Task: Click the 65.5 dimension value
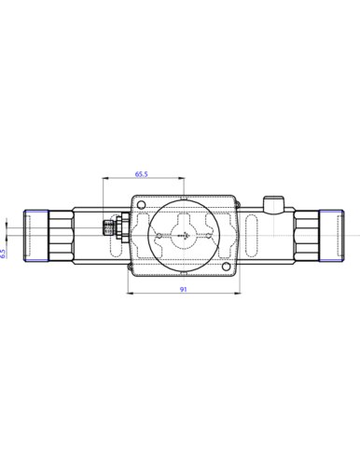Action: point(141,174)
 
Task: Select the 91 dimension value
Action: point(184,289)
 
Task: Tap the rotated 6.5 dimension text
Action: point(3,254)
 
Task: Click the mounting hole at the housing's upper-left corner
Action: point(141,204)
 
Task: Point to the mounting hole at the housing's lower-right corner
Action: point(227,266)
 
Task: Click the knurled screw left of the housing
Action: point(107,227)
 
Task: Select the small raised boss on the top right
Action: point(273,205)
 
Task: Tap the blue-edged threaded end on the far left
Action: point(36,236)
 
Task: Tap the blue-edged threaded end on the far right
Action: point(331,236)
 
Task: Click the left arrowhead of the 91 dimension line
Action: point(131,293)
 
